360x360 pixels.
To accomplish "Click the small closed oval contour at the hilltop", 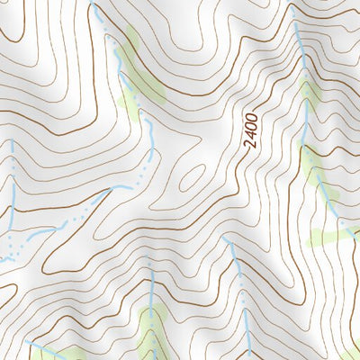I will (192, 177).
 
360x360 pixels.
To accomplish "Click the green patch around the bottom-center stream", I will (153, 324).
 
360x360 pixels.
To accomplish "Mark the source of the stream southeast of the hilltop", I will (228, 241).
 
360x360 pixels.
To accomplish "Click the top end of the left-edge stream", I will (12, 142).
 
